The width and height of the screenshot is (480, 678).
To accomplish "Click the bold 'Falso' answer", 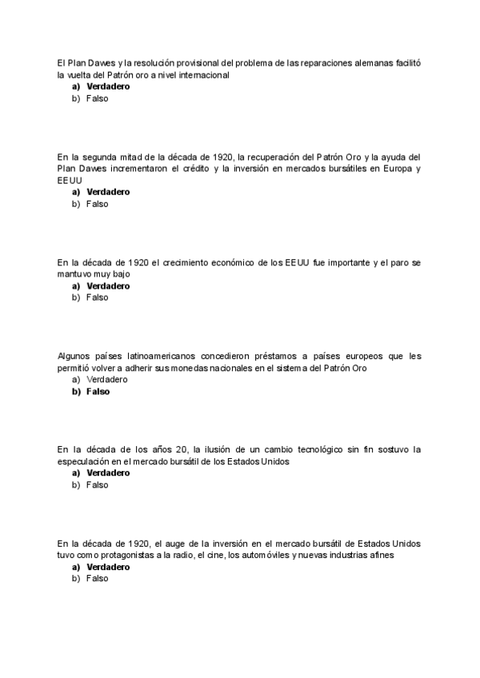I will click(x=98, y=392).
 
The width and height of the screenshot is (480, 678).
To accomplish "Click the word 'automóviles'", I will click(x=251, y=555).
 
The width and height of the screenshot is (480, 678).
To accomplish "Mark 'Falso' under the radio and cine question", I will click(x=97, y=579).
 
